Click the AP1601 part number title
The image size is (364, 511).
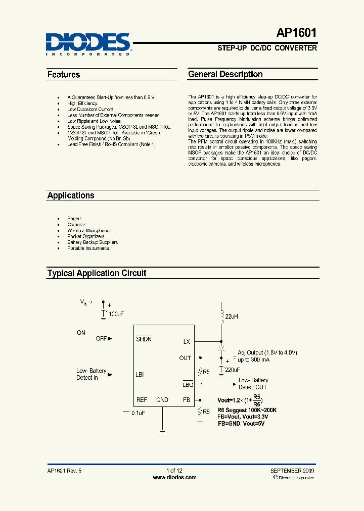pyautogui.click(x=297, y=33)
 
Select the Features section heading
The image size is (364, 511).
pyautogui.click(x=64, y=75)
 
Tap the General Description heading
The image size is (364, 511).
pyautogui.click(x=225, y=74)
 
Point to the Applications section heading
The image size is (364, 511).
pyautogui.click(x=71, y=195)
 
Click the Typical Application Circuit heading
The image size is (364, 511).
pyautogui.click(x=97, y=273)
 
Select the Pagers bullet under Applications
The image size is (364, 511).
pyautogui.click(x=74, y=219)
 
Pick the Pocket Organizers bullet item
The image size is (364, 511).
pyautogui.click(x=86, y=236)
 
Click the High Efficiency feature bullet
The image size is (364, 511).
pyautogui.click(x=82, y=103)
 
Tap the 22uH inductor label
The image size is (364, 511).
pyautogui.click(x=231, y=316)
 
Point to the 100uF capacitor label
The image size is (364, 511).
pyautogui.click(x=116, y=314)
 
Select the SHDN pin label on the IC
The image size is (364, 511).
pyautogui.click(x=144, y=339)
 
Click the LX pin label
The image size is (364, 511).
pyautogui.click(x=187, y=342)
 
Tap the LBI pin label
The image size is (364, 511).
pyautogui.click(x=140, y=375)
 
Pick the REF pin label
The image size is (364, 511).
pyautogui.click(x=142, y=399)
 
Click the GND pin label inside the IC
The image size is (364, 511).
pyautogui.click(x=162, y=399)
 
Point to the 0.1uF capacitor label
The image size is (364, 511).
pyautogui.click(x=139, y=413)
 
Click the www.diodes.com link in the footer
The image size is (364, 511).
pyautogui.click(x=174, y=477)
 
